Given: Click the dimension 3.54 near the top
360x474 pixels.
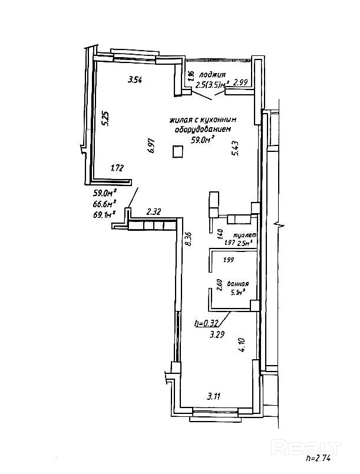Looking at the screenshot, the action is (136, 81).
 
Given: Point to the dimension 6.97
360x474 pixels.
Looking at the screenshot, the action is (151, 145).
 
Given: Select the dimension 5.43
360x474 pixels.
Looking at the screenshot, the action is (236, 147).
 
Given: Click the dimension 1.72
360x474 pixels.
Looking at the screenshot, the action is (117, 168).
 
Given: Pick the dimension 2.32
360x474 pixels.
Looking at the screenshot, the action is (154, 211).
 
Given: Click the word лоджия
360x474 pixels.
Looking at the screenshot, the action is (212, 75).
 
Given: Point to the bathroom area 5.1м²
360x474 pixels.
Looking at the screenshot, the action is (239, 291).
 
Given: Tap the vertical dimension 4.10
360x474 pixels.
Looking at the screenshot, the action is (241, 344).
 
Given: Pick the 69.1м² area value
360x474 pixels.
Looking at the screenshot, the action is (104, 215).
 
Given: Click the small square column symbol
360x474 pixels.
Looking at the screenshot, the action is (178, 152).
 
